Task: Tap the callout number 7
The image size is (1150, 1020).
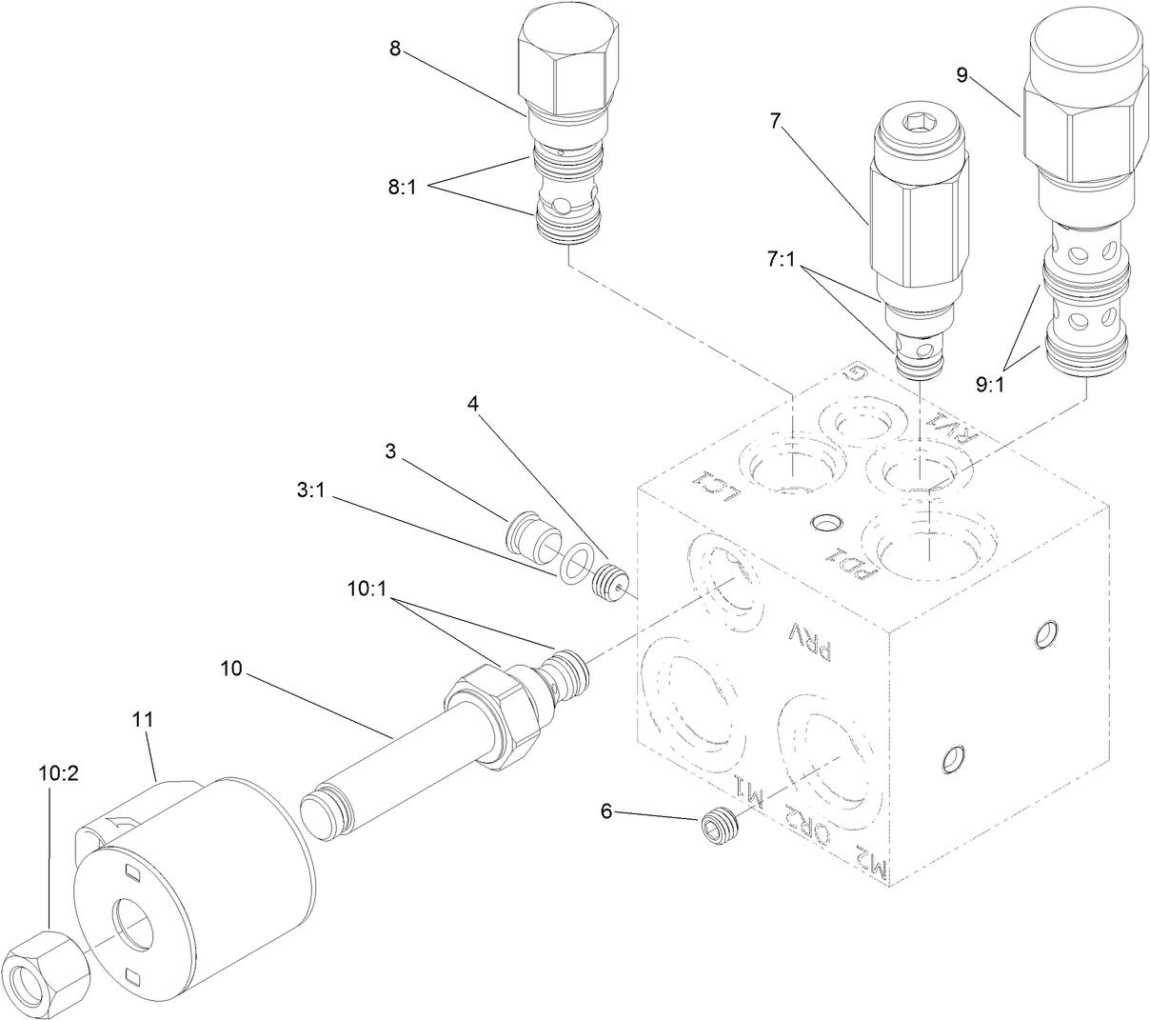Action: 775,121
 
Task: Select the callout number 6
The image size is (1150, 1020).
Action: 606,810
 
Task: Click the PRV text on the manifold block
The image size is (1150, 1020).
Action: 811,641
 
